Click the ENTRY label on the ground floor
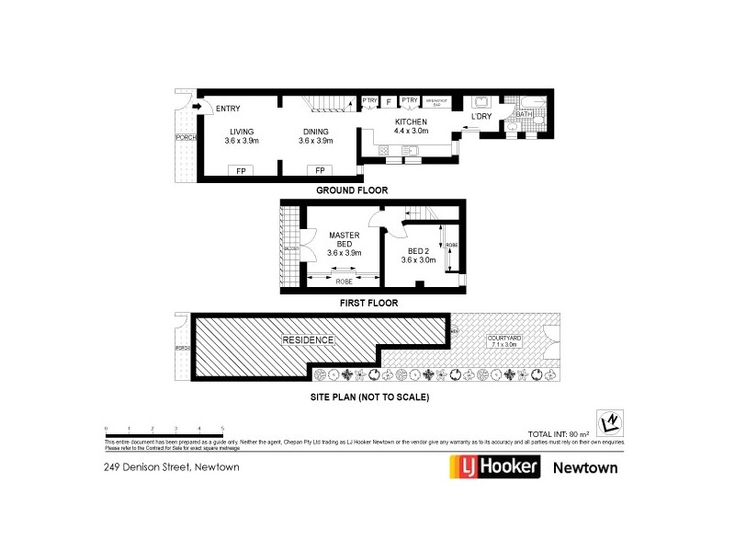click(228, 109)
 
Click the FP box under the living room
click(242, 171)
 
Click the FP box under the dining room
click(320, 171)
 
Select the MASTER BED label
click(345, 239)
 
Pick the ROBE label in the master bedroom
click(344, 280)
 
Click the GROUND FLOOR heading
click(352, 190)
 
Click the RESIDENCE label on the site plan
click(308, 340)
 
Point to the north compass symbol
click(607, 420)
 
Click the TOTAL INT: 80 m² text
click(559, 431)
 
